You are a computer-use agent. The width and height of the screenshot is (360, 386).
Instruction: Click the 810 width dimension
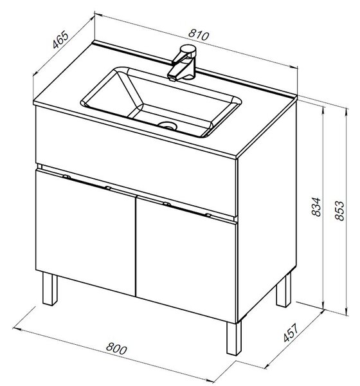click(x=199, y=35)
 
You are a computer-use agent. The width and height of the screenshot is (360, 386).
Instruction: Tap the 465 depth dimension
click(x=60, y=39)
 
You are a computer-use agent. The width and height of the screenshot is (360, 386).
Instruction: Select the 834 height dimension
click(x=316, y=207)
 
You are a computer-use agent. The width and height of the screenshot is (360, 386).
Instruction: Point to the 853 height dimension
click(x=340, y=210)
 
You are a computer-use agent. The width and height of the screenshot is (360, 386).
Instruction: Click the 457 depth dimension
click(x=291, y=333)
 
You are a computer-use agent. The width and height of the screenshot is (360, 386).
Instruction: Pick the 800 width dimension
click(x=116, y=349)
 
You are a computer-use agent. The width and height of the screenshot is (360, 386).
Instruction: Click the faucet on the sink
click(x=183, y=63)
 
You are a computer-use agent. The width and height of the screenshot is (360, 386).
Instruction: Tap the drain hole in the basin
click(x=168, y=126)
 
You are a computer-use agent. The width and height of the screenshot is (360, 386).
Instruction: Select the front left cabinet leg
click(x=50, y=289)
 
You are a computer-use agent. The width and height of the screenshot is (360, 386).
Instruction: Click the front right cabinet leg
click(x=234, y=338)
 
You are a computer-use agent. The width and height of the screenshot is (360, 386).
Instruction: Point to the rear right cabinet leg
click(x=283, y=291)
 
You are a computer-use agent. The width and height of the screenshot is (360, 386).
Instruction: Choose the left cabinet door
click(x=85, y=232)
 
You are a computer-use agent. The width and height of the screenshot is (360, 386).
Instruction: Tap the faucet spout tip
click(x=172, y=78)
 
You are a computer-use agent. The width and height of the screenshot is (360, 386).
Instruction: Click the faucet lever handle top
click(x=188, y=50)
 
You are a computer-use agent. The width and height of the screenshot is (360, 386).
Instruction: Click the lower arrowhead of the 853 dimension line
click(x=346, y=312)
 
